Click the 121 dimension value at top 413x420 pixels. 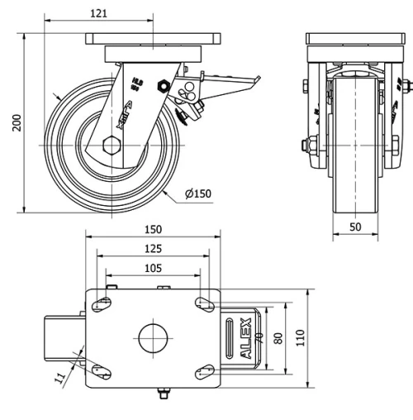click(100, 14)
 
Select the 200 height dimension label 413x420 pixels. click(15, 122)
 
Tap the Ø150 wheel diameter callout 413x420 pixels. click(198, 193)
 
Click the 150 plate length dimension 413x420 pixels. click(153, 229)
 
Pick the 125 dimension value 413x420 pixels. click(149, 248)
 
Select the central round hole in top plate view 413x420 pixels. click(153, 337)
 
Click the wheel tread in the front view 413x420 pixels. click(354, 149)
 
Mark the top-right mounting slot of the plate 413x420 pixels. click(202, 303)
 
